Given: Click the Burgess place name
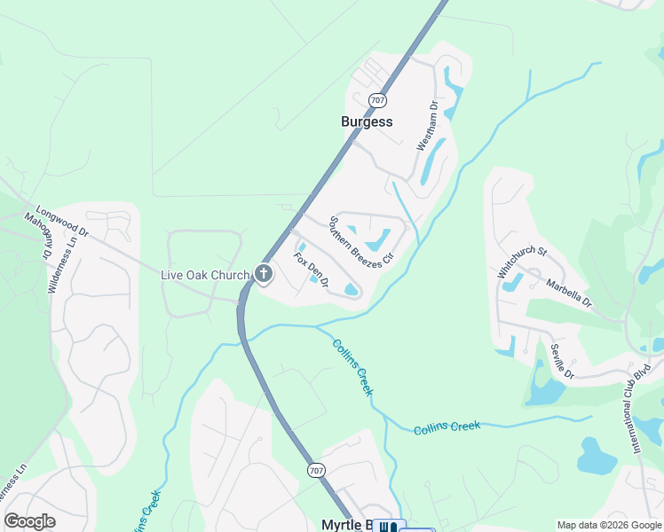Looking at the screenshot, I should click(x=367, y=121).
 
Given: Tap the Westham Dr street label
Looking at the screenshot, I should click(x=428, y=126).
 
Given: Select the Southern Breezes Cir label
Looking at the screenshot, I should click(x=360, y=242).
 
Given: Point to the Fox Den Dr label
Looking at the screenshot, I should click(x=312, y=271).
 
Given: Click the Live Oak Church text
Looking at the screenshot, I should click(x=204, y=275).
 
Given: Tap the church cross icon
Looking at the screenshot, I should click(x=263, y=275).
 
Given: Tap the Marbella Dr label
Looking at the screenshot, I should click(x=568, y=293).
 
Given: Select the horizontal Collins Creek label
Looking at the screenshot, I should click(x=447, y=428).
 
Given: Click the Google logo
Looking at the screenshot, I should click(x=30, y=521).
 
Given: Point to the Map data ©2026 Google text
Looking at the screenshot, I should click(x=609, y=525).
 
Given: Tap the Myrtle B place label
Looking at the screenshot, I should click(x=345, y=525).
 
